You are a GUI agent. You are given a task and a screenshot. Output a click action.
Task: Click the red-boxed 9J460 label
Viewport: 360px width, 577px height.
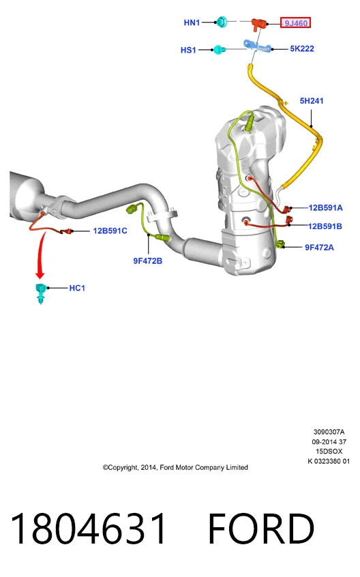pyautogui.click(x=296, y=23)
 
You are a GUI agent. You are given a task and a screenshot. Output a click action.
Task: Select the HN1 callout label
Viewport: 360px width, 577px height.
pyautogui.click(x=192, y=23)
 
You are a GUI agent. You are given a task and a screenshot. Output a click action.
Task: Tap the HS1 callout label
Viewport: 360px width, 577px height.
pyautogui.click(x=188, y=50)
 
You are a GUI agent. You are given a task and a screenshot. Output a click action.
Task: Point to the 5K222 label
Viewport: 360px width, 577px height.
pyautogui.click(x=302, y=48)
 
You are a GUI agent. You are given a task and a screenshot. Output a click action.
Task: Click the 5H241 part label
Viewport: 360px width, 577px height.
pyautogui.click(x=312, y=100)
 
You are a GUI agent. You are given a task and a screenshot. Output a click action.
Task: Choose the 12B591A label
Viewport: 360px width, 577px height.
pyautogui.click(x=325, y=207)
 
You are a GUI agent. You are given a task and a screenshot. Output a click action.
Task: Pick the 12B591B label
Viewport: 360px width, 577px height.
pyautogui.click(x=325, y=226)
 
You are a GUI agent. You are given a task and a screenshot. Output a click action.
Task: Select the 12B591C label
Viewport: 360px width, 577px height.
pyautogui.click(x=110, y=231)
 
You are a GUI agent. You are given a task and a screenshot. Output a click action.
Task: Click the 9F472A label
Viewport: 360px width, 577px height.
pyautogui.click(x=319, y=248)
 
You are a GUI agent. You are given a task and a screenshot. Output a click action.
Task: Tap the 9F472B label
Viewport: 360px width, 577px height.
pyautogui.click(x=147, y=261)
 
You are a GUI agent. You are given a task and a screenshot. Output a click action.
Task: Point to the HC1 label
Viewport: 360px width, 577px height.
pyautogui.click(x=77, y=288)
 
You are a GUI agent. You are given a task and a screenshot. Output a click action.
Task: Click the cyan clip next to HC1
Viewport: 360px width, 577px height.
pyautogui.click(x=40, y=293)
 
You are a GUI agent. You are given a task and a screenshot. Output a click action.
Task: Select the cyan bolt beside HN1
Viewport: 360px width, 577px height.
pyautogui.click(x=222, y=22)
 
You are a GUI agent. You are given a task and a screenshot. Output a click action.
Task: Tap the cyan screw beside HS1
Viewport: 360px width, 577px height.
pyautogui.click(x=218, y=50)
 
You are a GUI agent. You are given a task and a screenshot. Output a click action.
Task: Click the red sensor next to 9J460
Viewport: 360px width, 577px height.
pyautogui.click(x=259, y=23)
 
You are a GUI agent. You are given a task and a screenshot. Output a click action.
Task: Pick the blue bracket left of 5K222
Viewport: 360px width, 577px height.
pyautogui.click(x=256, y=46)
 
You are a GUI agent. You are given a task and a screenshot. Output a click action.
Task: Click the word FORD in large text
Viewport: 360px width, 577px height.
pyautogui.click(x=261, y=529)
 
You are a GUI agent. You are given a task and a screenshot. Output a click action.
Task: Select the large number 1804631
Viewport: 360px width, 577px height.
pyautogui.click(x=88, y=529)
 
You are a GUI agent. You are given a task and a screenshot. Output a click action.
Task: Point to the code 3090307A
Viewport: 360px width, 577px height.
pyautogui.click(x=329, y=432)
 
